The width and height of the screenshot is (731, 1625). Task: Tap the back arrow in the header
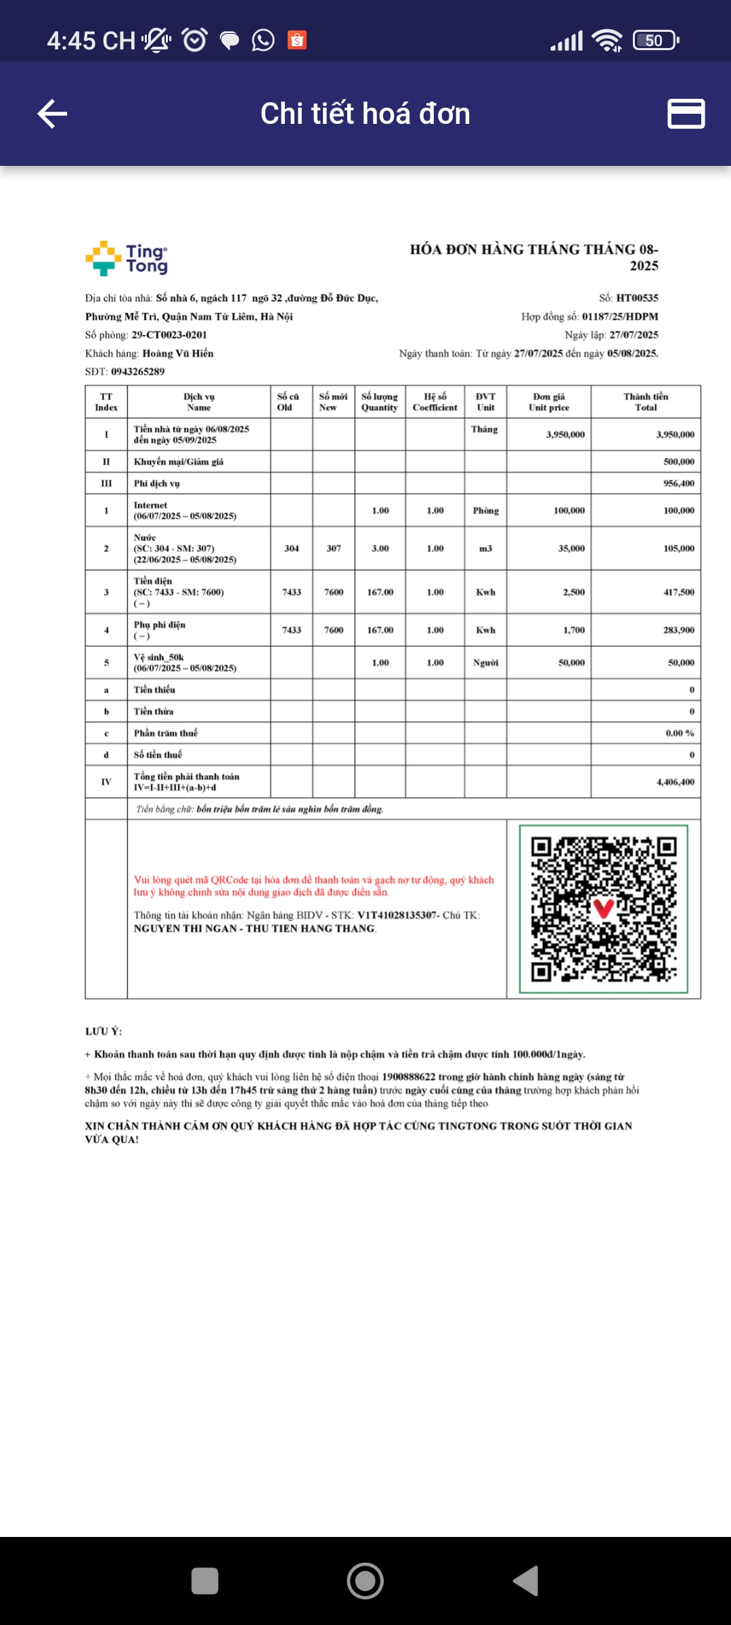[x=52, y=113]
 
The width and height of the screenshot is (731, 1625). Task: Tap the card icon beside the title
[x=686, y=113]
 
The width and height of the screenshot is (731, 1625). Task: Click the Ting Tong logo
[x=127, y=259]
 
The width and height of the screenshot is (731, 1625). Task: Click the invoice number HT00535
[x=637, y=298]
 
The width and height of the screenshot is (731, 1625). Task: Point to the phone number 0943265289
[x=138, y=372]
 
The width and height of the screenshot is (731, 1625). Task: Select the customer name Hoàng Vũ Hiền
[x=178, y=353]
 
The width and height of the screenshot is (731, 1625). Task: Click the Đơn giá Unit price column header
[x=549, y=402]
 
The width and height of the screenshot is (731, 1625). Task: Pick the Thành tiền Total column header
[x=646, y=402]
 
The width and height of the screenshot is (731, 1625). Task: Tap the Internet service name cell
[x=185, y=511]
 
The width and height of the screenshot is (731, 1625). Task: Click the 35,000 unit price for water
[x=571, y=548]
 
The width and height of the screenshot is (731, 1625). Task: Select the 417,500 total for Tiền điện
[x=679, y=592]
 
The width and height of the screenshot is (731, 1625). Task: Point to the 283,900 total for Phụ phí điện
[x=679, y=630]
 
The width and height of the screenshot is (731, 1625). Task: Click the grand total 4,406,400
[x=675, y=782]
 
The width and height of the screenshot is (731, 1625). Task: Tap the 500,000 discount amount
[x=679, y=462]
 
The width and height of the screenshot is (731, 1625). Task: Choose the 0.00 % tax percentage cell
[x=680, y=733]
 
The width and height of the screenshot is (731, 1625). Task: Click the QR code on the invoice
[x=604, y=909]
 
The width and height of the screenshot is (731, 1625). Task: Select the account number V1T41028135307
[x=397, y=915]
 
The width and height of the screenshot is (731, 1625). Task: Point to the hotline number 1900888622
[x=409, y=1077]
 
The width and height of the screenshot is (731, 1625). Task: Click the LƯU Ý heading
[x=104, y=1031]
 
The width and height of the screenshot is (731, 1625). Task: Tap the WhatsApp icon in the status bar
[x=263, y=41]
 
